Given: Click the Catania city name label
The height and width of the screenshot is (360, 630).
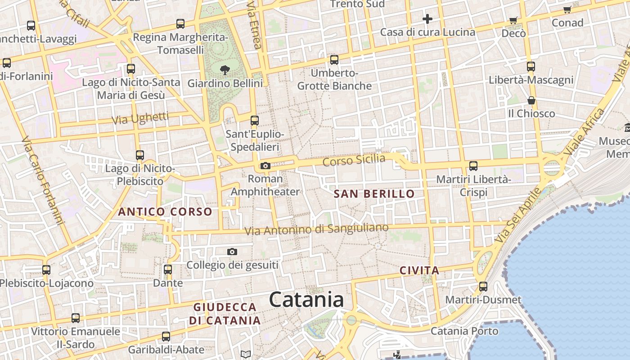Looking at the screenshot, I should (306, 300).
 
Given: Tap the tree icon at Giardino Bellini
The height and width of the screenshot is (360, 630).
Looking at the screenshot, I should (225, 70).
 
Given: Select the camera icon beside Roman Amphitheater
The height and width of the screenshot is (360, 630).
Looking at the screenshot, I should (265, 166).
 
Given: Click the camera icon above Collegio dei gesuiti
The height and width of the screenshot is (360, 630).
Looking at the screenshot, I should (232, 252).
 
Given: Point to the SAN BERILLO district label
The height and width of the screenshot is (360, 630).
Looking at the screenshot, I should (374, 194).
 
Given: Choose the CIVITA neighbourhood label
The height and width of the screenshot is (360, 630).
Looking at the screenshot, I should (419, 270).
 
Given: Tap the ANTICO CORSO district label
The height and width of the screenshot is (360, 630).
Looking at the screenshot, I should (165, 211).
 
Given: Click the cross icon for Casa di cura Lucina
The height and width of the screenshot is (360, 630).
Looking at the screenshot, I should (427, 19).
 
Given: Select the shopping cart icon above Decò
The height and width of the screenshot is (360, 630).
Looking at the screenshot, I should (513, 20).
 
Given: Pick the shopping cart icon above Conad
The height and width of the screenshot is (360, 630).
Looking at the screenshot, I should (567, 9).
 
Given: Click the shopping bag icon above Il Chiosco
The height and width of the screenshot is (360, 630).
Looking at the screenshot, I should (531, 100).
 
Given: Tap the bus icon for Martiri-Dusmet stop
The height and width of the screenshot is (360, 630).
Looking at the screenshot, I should (483, 286).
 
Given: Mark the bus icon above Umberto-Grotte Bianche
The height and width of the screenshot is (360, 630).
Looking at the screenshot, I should (334, 60).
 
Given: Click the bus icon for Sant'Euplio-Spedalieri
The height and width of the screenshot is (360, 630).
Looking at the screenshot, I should (255, 121).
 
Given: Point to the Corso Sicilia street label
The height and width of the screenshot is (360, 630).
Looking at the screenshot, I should (354, 160).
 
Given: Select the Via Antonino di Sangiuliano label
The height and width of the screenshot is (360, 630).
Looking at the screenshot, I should (316, 229).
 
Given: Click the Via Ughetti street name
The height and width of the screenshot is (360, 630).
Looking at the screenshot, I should (140, 118).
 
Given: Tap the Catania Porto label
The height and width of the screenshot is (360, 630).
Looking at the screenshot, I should (464, 331).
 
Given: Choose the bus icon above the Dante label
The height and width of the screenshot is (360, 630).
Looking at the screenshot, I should (168, 270).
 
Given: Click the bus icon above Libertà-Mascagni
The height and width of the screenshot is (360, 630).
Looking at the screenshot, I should (531, 67).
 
